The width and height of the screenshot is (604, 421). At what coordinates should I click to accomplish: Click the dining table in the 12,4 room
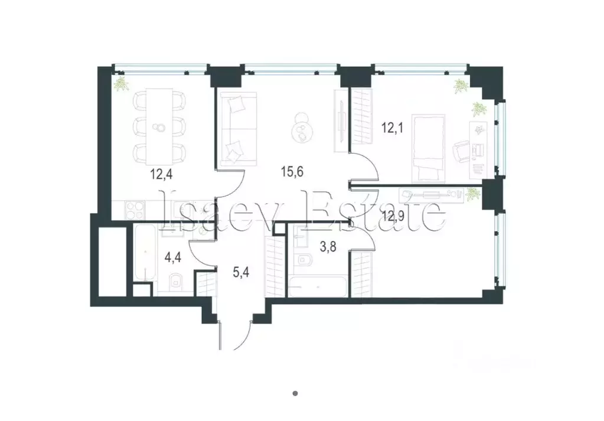[x=159, y=126]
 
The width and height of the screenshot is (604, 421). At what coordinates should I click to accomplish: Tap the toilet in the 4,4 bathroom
[x=175, y=283]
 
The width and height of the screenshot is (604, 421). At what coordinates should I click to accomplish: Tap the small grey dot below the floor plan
[x=296, y=393]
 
